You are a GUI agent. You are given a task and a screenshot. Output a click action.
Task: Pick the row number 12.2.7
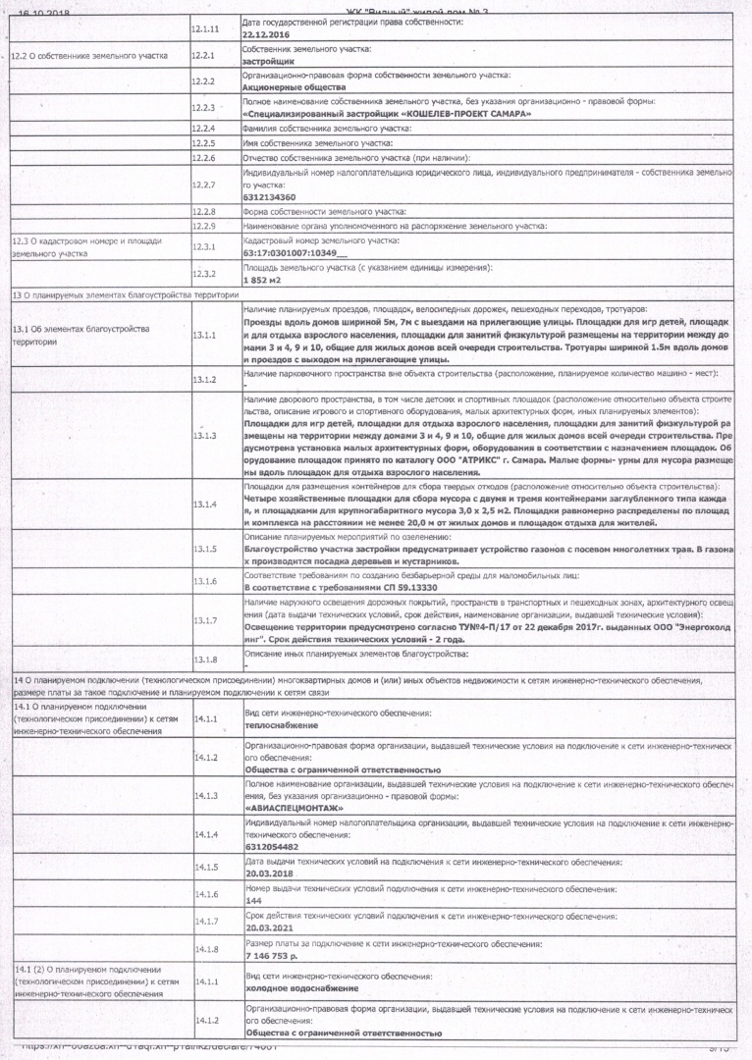(x=203, y=185)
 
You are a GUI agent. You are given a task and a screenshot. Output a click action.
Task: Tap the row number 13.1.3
(x=203, y=435)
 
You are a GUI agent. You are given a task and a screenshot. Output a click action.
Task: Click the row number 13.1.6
(x=203, y=581)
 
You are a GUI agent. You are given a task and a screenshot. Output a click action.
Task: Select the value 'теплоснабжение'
(x=280, y=724)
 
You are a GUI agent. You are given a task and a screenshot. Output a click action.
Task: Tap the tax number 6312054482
(x=271, y=846)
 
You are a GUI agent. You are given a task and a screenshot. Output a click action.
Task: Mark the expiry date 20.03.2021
(x=269, y=927)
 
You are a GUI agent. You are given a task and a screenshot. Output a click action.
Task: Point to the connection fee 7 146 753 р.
(x=272, y=954)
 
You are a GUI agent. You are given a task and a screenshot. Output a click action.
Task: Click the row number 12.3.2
(x=203, y=274)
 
